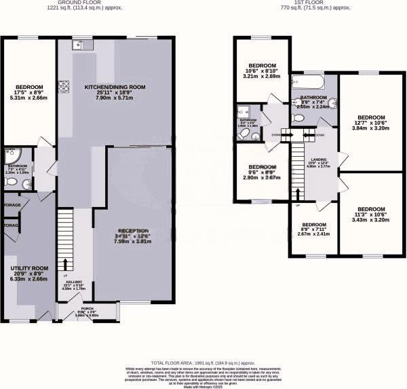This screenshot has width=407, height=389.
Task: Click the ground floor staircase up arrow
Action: pos(65,265)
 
